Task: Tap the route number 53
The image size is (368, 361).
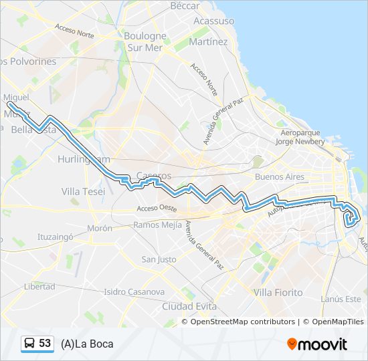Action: (45, 344)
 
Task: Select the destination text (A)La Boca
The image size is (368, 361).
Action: (87, 344)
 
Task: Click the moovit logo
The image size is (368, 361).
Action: (317, 344)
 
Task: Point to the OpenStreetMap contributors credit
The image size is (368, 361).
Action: (242, 322)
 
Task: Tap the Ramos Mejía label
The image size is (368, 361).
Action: (157, 225)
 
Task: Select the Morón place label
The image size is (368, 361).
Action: (99, 228)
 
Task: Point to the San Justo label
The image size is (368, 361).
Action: (159, 259)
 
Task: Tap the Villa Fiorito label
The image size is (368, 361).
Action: (278, 292)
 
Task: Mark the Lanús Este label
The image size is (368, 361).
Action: (341, 299)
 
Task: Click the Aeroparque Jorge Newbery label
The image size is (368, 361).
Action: (302, 138)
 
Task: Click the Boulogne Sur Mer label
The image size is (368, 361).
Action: (145, 41)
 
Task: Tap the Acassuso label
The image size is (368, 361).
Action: (213, 21)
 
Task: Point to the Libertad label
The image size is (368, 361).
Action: (39, 286)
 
